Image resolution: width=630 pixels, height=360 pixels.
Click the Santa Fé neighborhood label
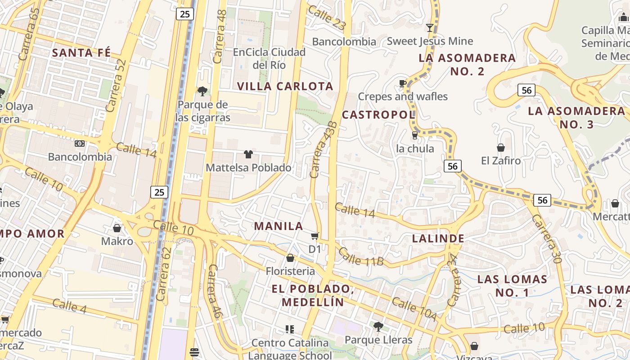click(x=81, y=53)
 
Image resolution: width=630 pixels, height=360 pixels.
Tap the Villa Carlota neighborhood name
click(x=285, y=86)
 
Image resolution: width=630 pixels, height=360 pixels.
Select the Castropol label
click(x=378, y=115)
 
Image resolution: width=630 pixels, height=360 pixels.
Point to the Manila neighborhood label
click(x=279, y=226)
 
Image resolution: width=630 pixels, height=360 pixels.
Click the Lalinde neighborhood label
click(x=438, y=238)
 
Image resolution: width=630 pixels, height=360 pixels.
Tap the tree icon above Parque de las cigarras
click(x=202, y=91)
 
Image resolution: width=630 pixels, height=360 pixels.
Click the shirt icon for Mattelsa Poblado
click(x=248, y=154)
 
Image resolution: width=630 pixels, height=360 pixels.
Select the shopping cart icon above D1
click(x=315, y=236)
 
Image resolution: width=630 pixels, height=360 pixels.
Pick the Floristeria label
click(x=290, y=271)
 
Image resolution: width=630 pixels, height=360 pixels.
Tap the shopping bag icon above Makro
click(x=117, y=228)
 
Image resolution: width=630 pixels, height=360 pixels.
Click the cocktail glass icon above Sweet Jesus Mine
click(x=430, y=28)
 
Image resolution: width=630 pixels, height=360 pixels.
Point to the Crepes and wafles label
click(x=403, y=96)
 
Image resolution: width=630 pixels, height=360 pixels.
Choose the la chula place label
click(x=415, y=148)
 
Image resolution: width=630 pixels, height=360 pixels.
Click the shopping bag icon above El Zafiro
click(x=500, y=148)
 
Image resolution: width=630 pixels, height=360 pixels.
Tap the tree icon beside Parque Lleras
click(x=378, y=326)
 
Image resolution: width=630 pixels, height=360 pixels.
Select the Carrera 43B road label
click(x=324, y=149)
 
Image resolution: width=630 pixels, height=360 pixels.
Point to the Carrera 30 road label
click(x=546, y=238)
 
